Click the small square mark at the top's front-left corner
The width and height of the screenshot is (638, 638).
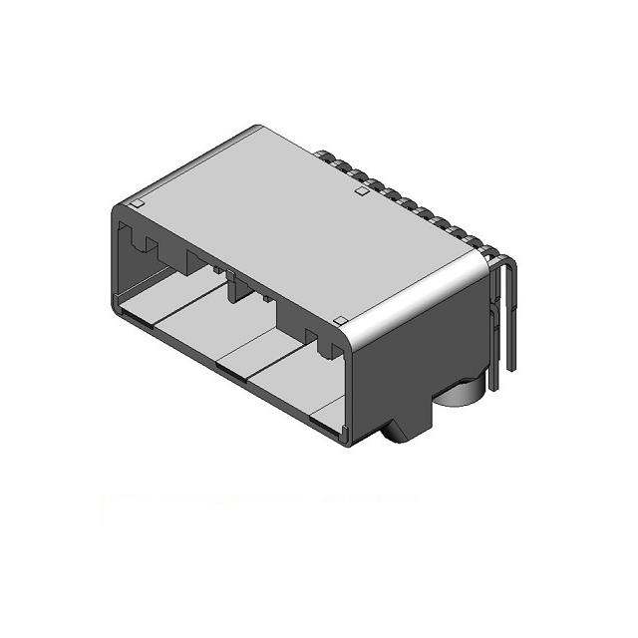139,204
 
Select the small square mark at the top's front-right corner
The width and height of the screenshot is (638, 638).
340,321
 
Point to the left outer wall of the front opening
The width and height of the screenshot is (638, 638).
114,259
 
